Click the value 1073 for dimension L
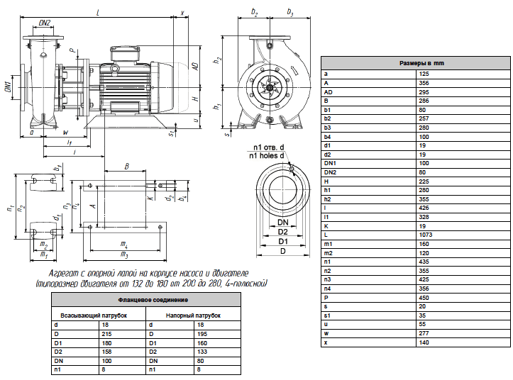(425, 235)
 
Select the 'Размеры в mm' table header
(421, 63)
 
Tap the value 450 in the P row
(424, 298)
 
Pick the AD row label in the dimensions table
(328, 92)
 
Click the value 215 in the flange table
(106, 334)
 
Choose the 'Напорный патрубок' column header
(193, 315)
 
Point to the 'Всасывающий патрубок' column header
(94, 315)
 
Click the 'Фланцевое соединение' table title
(153, 300)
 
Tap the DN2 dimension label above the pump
(45, 23)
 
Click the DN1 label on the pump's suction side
(9, 87)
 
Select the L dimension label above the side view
(98, 13)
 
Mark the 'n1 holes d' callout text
(266, 156)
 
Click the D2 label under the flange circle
(282, 232)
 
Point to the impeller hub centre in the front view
(270, 87)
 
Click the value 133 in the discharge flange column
(202, 352)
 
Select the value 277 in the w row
(424, 333)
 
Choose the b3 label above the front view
(290, 12)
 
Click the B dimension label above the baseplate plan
(126, 167)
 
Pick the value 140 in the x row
(424, 342)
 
